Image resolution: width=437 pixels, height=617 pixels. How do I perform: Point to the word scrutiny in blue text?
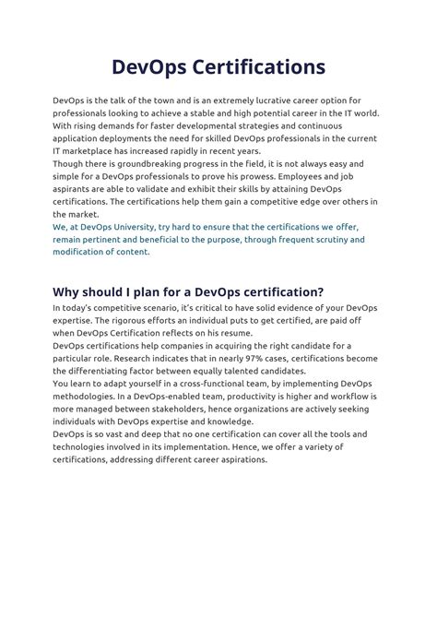[318, 239]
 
